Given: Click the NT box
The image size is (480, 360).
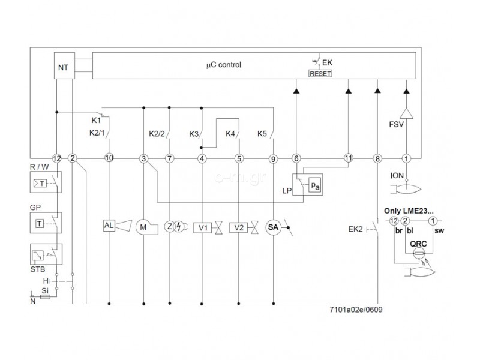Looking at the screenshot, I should pos(63,67).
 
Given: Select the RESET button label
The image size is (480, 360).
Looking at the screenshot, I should pos(320,73).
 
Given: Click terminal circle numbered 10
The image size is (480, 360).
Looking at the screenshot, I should pos(109,158).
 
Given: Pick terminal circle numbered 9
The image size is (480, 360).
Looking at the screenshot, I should pos(274,158).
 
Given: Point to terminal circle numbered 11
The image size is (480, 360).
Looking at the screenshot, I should pos(349,158).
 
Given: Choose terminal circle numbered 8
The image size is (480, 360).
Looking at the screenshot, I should pos(377,158).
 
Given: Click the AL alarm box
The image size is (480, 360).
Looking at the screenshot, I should pos(109,226).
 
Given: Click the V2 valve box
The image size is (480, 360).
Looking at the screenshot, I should pos(239,227).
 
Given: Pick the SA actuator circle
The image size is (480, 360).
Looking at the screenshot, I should pos(274,227).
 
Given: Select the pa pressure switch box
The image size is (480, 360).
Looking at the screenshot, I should pos(314,186).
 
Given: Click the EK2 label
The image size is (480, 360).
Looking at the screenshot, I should pos(355,229).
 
